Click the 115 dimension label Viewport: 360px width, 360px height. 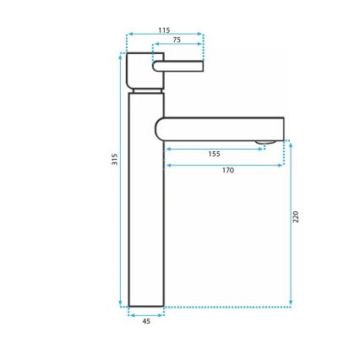(164, 30)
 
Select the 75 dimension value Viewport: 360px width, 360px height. (177, 39)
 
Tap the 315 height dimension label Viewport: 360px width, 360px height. (115, 160)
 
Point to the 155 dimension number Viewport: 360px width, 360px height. (214, 154)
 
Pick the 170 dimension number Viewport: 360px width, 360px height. (227, 170)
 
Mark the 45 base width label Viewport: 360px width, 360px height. (145, 321)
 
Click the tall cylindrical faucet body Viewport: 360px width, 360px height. (145, 203)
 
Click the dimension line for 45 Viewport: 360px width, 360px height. (145, 314)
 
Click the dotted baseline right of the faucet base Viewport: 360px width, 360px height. (228, 307)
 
